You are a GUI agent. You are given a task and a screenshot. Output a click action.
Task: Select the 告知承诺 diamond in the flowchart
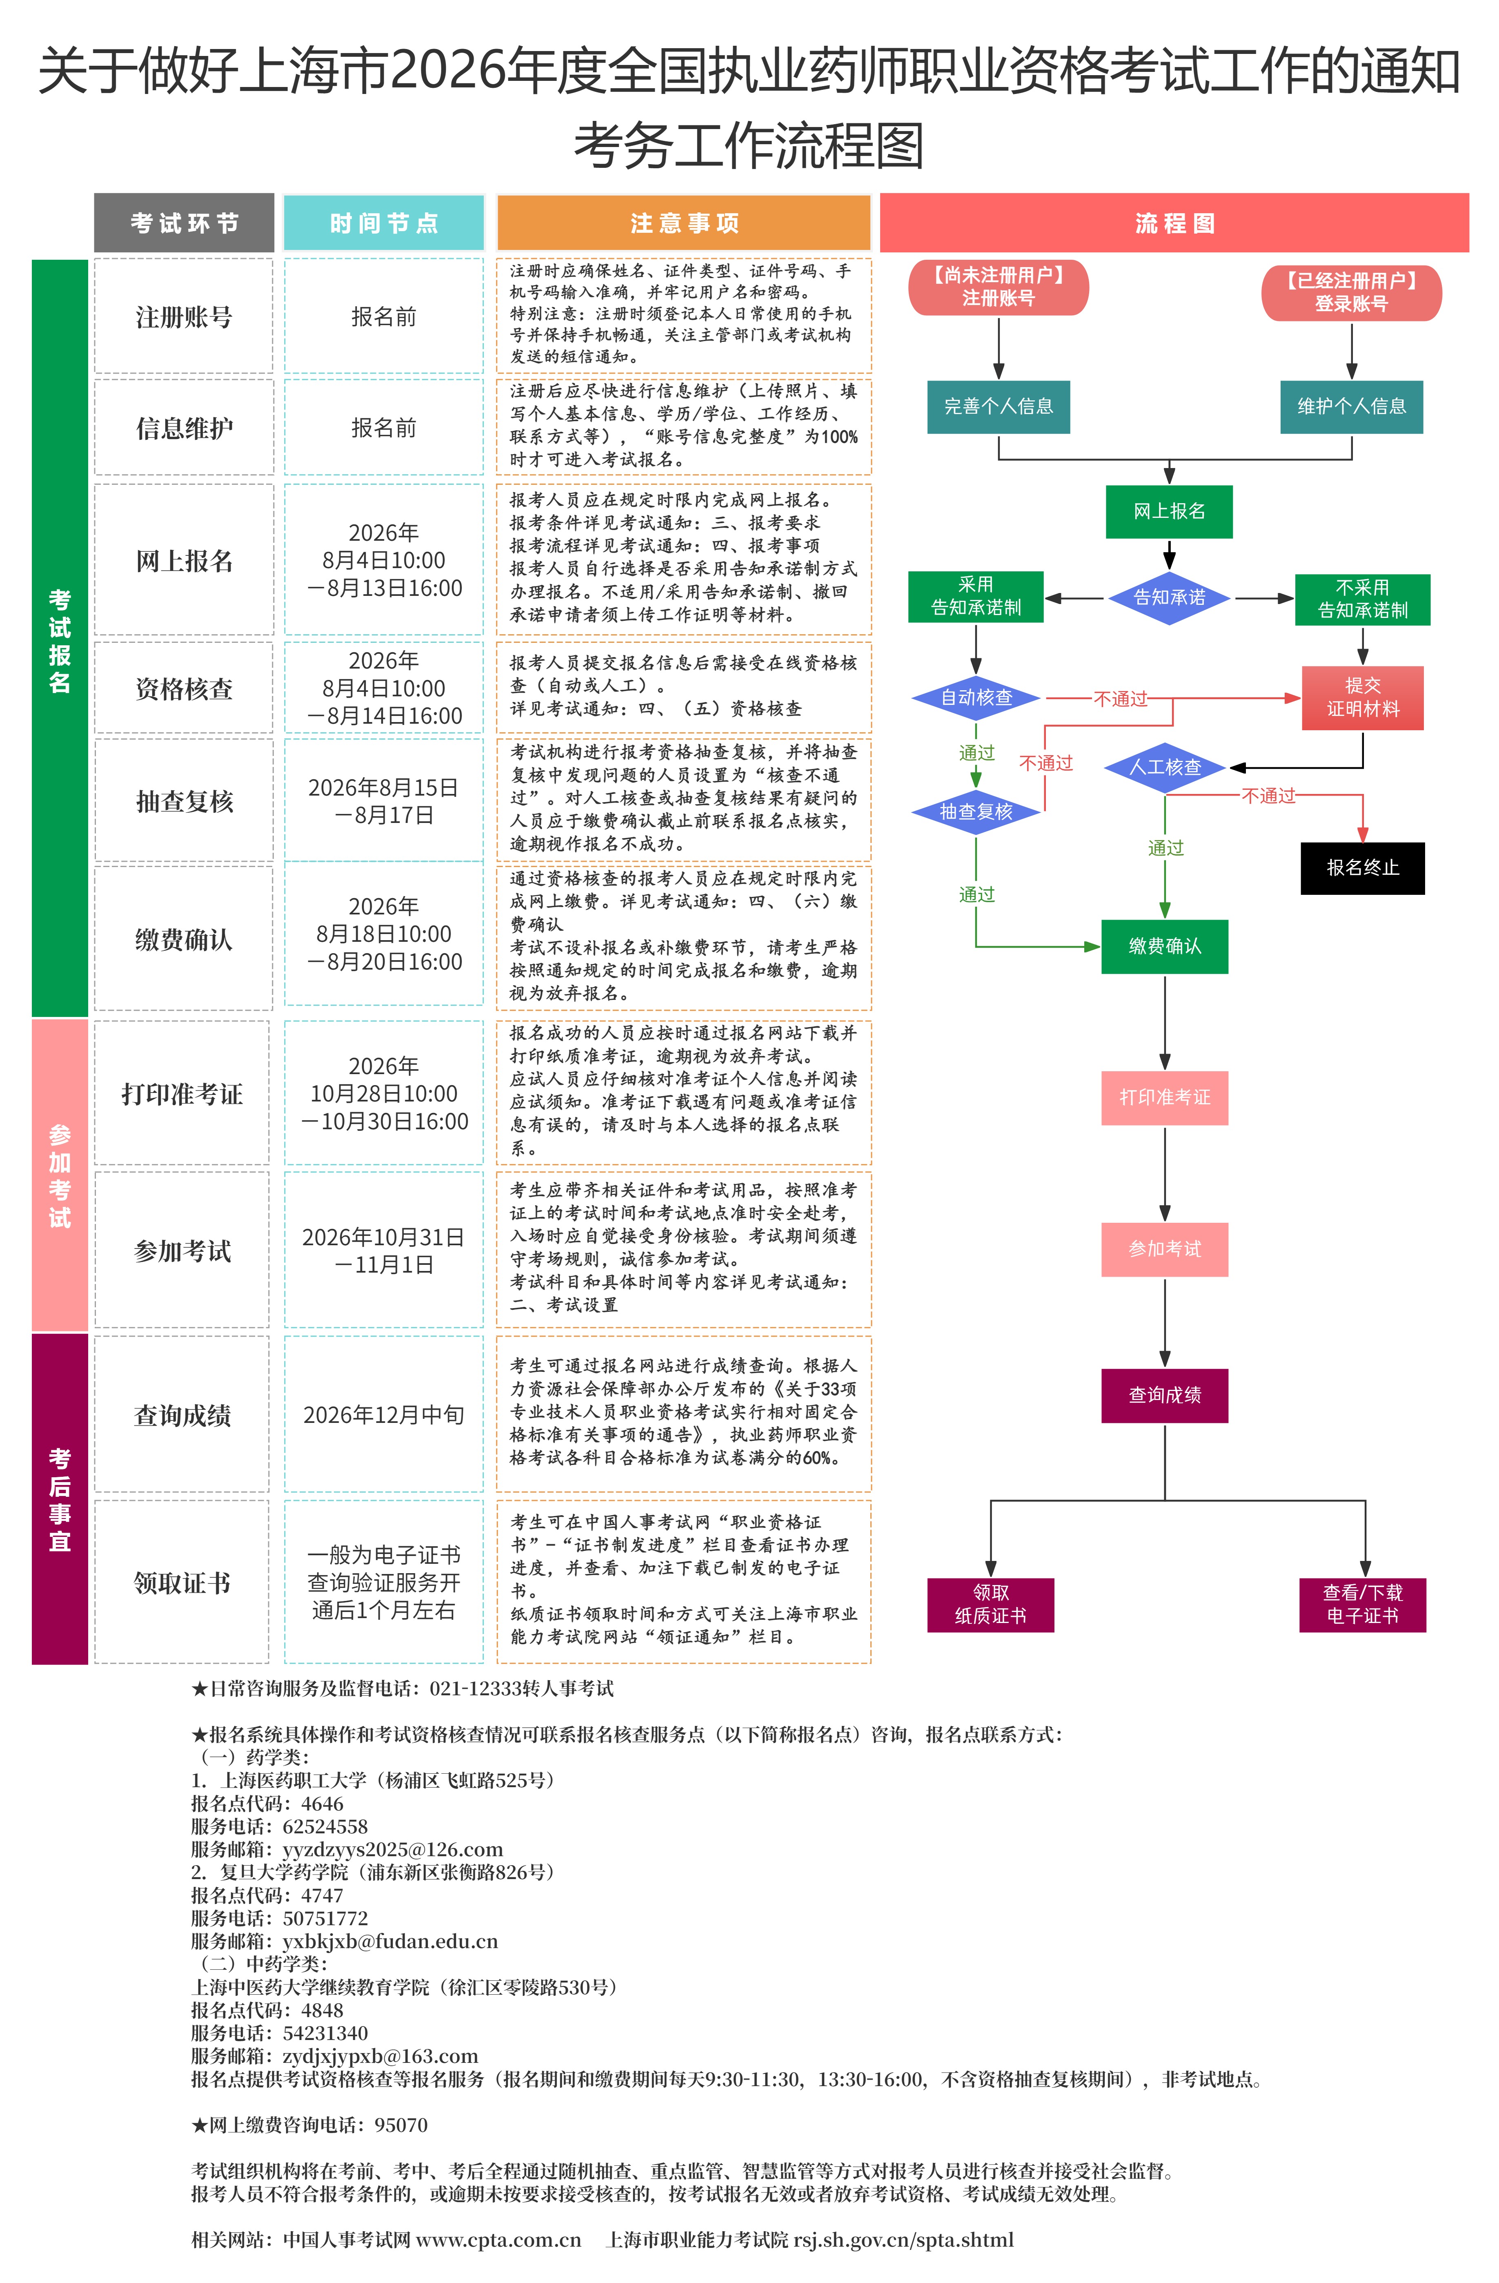1169,598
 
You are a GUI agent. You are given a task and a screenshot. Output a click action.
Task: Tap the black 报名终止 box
1362,868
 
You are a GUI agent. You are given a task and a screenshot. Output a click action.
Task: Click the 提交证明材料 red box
1362,698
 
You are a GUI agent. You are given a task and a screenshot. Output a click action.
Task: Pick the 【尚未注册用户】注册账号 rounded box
999,287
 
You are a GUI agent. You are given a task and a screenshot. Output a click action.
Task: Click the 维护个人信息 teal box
1351,407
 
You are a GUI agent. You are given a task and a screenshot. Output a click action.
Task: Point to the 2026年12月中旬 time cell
384,1415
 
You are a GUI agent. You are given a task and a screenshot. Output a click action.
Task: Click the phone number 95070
401,2125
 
